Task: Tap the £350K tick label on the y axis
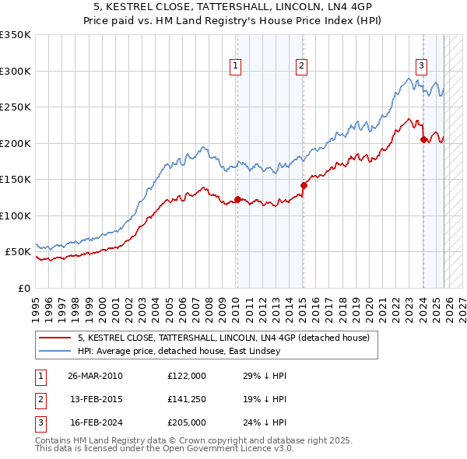(16, 35)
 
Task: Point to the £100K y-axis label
(16, 215)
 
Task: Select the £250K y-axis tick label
(16, 107)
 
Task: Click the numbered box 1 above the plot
(234, 66)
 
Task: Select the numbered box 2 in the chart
(300, 66)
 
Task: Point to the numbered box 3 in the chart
(420, 66)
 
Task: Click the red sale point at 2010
(237, 199)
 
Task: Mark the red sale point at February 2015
(303, 185)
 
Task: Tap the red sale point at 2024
(423, 139)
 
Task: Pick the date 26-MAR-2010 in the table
(95, 376)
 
